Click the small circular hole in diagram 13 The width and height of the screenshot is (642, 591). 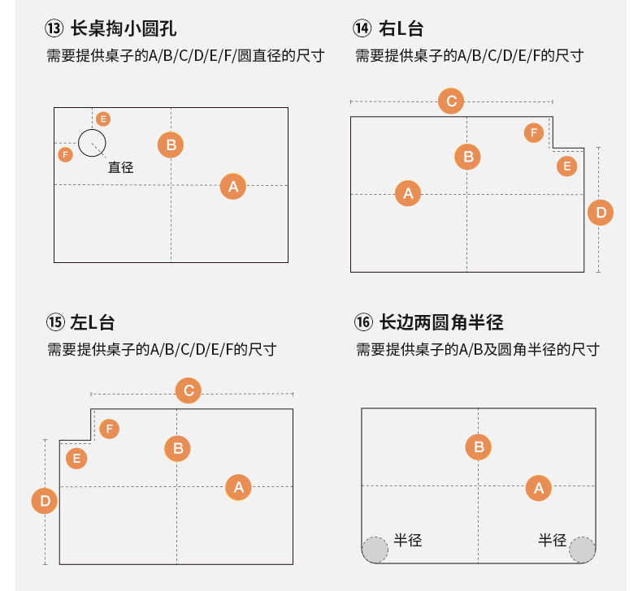(92, 143)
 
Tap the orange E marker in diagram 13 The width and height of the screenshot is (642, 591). (103, 119)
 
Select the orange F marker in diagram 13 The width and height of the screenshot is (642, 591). (66, 154)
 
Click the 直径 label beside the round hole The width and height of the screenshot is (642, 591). (120, 167)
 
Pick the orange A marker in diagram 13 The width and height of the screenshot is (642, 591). (233, 187)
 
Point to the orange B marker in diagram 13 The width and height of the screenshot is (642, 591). (171, 145)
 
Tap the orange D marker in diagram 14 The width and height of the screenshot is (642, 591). (601, 214)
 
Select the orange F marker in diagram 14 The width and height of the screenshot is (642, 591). (534, 132)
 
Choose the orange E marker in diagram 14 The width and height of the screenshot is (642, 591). (566, 166)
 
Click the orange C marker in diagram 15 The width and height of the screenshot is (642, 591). (189, 391)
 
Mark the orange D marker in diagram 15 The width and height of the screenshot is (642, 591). (45, 501)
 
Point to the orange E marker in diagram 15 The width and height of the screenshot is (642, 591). (76, 459)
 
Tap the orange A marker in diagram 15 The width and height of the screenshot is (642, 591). (239, 487)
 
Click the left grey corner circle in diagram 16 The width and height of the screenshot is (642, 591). (375, 550)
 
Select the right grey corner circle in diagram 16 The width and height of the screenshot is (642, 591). (582, 550)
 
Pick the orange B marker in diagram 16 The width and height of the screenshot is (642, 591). (479, 446)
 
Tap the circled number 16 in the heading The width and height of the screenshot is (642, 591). (362, 322)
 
